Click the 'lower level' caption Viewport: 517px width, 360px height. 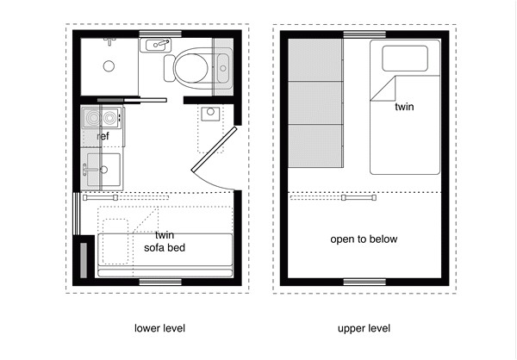pyautogui.click(x=159, y=328)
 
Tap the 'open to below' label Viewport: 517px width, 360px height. pyautogui.click(x=364, y=239)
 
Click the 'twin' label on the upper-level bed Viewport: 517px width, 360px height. pyautogui.click(x=404, y=108)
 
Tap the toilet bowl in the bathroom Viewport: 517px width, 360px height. pyautogui.click(x=190, y=65)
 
